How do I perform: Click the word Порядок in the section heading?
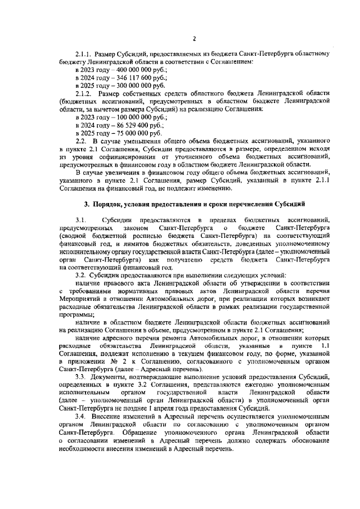(x=107, y=202)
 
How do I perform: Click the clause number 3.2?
(x=81, y=274)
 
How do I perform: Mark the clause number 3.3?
(x=81, y=375)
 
